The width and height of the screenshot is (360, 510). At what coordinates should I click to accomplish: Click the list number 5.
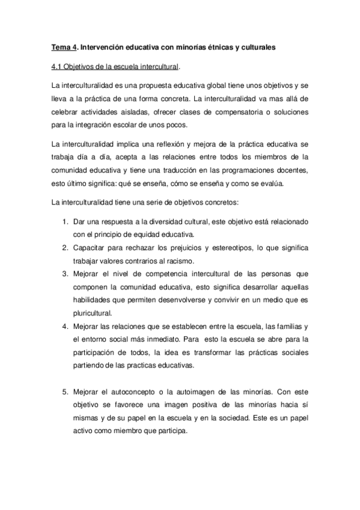pyautogui.click(x=66, y=392)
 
